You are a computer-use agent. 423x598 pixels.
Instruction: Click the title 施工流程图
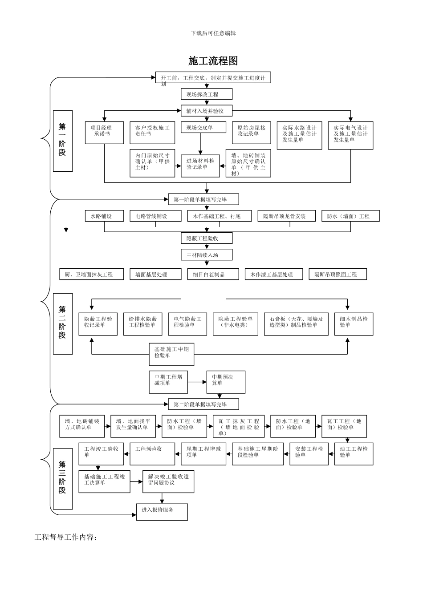213,61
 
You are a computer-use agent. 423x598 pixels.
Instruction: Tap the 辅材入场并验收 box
206,110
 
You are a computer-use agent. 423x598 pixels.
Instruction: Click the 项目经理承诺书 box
104,133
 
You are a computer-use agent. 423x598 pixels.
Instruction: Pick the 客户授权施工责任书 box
152,133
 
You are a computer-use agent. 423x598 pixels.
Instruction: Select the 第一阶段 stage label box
63,141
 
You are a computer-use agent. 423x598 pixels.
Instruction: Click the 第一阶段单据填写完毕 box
203,199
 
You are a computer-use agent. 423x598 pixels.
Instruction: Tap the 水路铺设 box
104,216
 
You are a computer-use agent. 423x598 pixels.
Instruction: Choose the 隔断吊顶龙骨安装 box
287,216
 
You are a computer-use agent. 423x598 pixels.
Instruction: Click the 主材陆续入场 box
206,255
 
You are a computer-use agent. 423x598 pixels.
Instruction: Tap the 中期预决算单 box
225,382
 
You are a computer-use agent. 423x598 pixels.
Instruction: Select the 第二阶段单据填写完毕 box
203,404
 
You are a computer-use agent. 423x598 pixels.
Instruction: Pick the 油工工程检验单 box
354,454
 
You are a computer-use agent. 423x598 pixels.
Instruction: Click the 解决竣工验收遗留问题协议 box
168,481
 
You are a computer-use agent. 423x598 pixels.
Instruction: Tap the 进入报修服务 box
162,512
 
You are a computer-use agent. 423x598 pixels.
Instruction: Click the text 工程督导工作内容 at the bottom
66,537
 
